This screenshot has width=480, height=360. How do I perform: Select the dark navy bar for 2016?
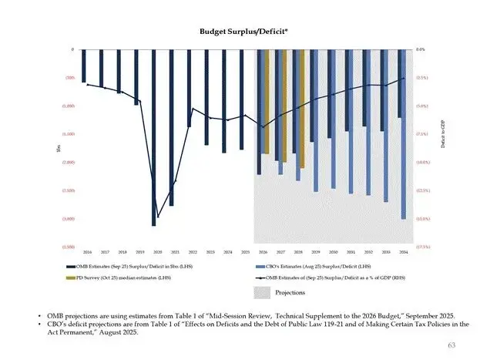pyautogui.click(x=84, y=66)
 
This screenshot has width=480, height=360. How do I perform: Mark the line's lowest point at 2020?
pyautogui.click(x=158, y=217)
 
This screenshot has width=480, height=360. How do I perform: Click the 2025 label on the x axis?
pyautogui.click(x=245, y=252)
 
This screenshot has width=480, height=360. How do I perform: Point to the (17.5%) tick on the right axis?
pyautogui.click(x=421, y=247)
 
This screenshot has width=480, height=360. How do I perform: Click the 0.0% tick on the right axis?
pyautogui.click(x=420, y=49)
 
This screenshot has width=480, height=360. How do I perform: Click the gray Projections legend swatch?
pyautogui.click(x=263, y=292)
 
